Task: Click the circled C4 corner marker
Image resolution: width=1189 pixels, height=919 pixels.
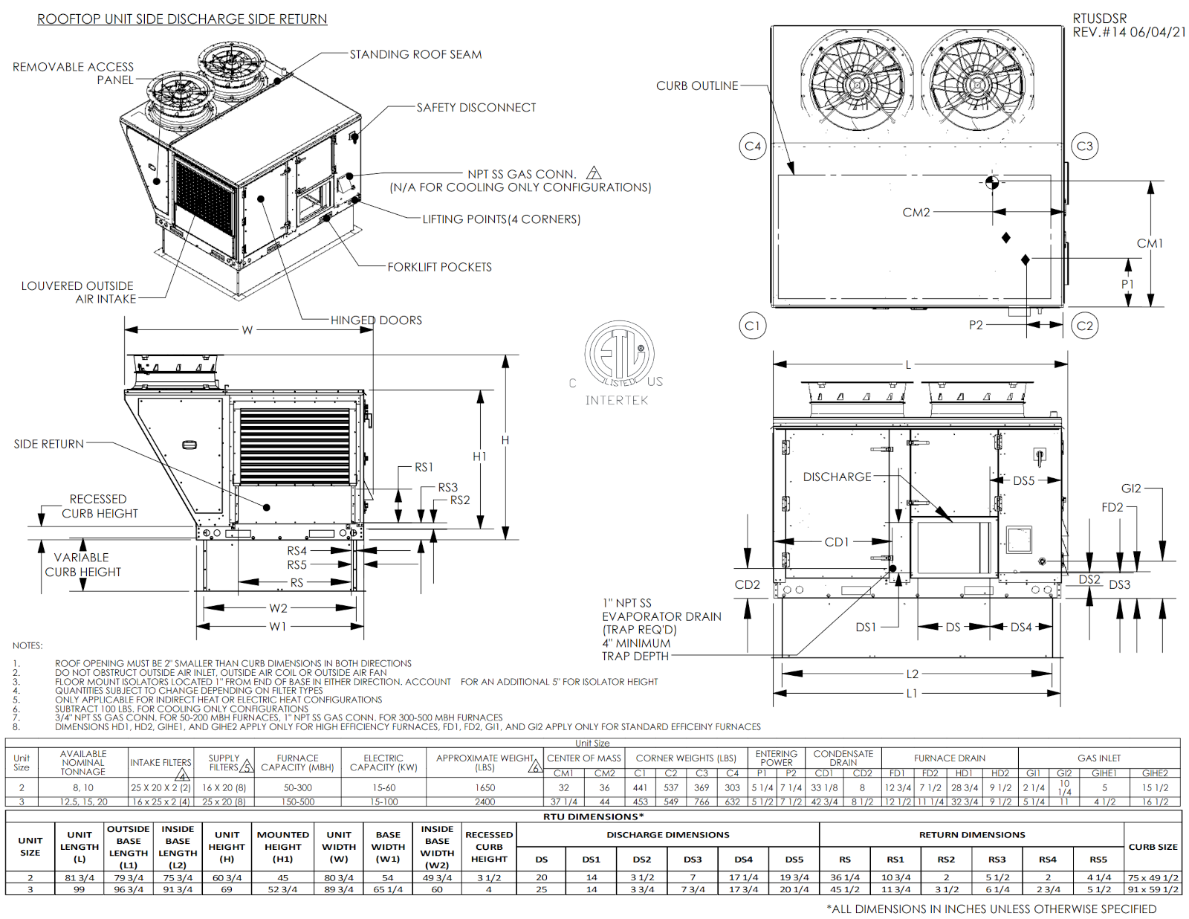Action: [x=753, y=146]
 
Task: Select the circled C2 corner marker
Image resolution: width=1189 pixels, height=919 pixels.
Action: [x=1085, y=326]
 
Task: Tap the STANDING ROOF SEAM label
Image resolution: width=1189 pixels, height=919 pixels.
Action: [x=415, y=54]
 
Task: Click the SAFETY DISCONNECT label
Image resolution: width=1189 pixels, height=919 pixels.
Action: [x=476, y=108]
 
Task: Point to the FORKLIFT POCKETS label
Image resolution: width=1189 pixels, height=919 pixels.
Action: [x=439, y=267]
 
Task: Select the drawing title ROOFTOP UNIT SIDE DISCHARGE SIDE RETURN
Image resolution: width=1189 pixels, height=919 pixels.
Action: [x=182, y=19]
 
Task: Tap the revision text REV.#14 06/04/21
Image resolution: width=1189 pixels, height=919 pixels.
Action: [x=1129, y=33]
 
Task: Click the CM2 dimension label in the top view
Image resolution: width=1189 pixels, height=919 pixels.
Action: [x=916, y=213]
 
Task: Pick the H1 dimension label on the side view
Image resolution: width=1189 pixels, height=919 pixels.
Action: [x=480, y=457]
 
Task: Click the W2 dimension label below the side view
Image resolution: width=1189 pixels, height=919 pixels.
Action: [x=278, y=608]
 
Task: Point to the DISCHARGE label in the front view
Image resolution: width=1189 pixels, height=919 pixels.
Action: [x=837, y=477]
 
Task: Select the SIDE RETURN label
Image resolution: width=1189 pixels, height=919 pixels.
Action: [x=48, y=444]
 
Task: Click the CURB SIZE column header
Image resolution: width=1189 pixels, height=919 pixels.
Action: [x=1153, y=847]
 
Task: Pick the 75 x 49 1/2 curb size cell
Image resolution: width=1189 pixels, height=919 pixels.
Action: [x=1153, y=877]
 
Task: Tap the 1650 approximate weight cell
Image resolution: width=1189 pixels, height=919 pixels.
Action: [x=485, y=787]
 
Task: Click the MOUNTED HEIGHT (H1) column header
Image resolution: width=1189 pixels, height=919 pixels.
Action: [x=282, y=846]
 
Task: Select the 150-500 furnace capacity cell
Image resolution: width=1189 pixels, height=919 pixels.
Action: [x=297, y=802]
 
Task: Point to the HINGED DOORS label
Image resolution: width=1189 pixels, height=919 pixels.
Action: [x=376, y=320]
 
